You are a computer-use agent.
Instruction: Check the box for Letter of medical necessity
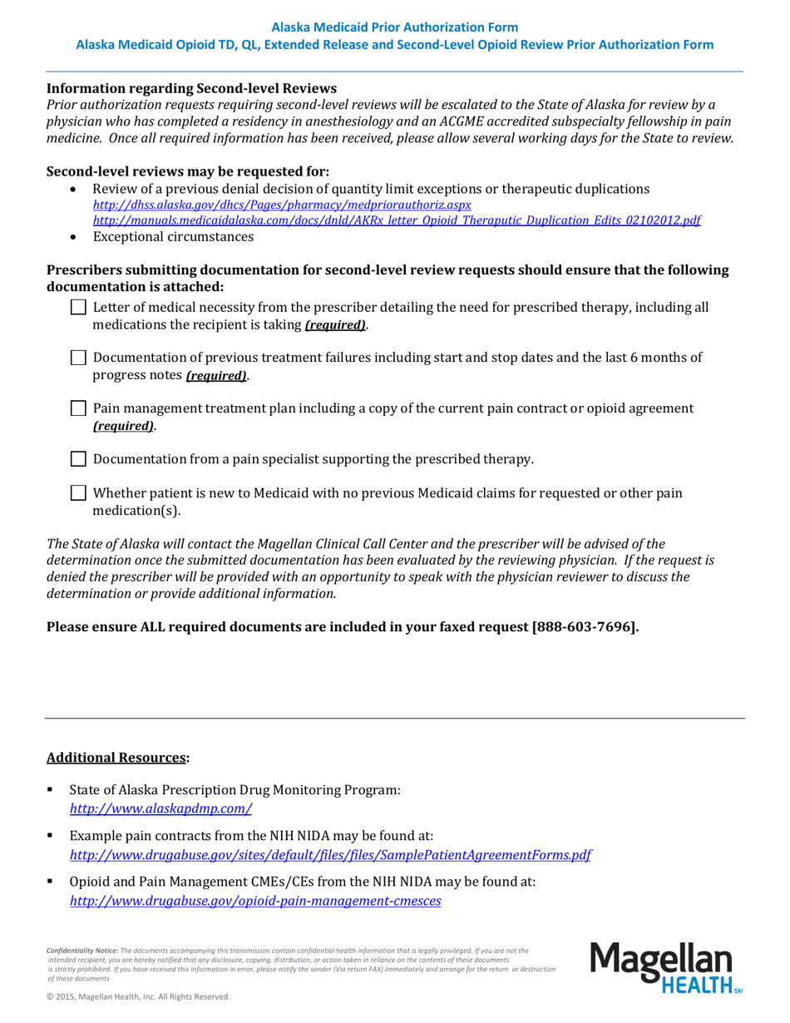click(78, 308)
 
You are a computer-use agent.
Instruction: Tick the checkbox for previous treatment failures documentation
click(78, 358)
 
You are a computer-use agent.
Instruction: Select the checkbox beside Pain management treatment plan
click(78, 408)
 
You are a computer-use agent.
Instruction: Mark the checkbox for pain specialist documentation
click(78, 459)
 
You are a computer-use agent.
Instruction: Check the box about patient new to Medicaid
click(78, 493)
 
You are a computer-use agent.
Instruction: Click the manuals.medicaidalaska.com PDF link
click(396, 220)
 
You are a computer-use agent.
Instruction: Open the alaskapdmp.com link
click(160, 808)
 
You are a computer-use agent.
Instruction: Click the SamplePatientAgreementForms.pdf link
click(330, 854)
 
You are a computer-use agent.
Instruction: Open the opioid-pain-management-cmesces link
click(254, 900)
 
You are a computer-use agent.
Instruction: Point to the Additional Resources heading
click(117, 758)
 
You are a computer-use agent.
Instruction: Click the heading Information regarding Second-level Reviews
click(191, 88)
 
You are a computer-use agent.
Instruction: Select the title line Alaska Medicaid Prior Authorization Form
click(394, 27)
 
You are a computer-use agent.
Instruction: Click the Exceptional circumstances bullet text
click(173, 237)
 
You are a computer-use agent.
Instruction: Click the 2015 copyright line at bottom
click(137, 996)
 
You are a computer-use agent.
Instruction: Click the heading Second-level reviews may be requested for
click(188, 171)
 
